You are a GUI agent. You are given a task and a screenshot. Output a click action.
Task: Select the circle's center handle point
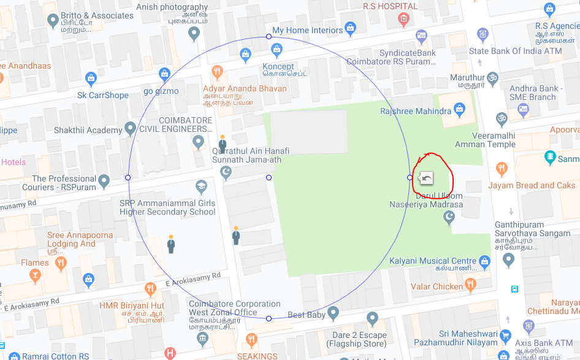coord(269,177)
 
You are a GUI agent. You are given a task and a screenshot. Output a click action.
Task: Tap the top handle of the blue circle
coord(269,37)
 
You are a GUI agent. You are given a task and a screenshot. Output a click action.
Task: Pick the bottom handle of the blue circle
coord(269,318)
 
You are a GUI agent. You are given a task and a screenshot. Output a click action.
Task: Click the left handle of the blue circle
coord(128,177)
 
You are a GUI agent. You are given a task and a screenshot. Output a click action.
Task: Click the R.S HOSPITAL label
coord(390,6)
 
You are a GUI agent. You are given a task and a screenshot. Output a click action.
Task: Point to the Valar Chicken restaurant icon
coord(471,284)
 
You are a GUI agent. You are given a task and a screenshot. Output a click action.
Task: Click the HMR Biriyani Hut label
coord(132,305)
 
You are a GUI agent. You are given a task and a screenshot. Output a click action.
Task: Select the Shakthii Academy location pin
coord(130,129)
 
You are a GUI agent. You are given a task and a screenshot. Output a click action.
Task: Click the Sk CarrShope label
coord(103,95)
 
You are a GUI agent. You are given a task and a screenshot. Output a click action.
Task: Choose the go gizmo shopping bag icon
coord(164,75)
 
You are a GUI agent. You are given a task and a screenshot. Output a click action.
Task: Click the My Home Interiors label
coord(307,30)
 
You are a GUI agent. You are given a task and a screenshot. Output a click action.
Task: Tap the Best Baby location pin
coord(334,314)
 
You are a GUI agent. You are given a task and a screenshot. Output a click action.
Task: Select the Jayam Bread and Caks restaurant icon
coord(502,169)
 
